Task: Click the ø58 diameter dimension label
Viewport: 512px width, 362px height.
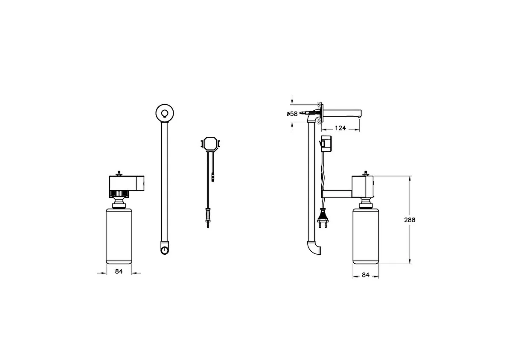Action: (292, 114)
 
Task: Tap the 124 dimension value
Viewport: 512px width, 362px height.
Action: (340, 128)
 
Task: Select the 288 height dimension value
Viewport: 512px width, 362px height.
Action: (410, 220)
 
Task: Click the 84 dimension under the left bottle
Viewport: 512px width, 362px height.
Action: (119, 271)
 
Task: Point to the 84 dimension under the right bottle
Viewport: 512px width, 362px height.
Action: (366, 275)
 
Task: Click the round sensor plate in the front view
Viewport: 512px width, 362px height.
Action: (165, 113)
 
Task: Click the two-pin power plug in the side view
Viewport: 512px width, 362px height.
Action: (323, 221)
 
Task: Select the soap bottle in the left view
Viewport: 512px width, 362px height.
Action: (119, 236)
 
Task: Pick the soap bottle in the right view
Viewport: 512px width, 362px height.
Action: (366, 236)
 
